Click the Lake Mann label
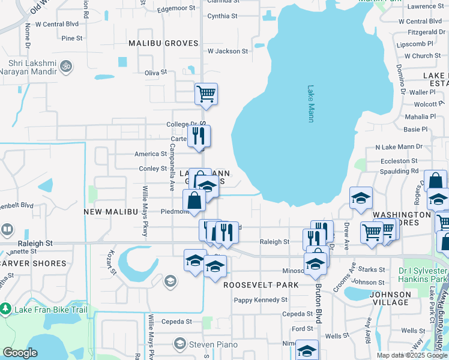(311, 103)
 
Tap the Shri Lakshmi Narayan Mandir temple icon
(67, 65)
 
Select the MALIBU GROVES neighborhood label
(163, 43)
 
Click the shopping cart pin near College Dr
(206, 94)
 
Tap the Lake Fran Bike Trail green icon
(7, 309)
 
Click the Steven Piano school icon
(179, 344)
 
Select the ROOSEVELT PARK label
(261, 285)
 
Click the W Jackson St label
(228, 52)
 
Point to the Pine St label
(71, 38)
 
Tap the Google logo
(20, 353)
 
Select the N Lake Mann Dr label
(399, 147)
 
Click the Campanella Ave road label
(172, 163)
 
